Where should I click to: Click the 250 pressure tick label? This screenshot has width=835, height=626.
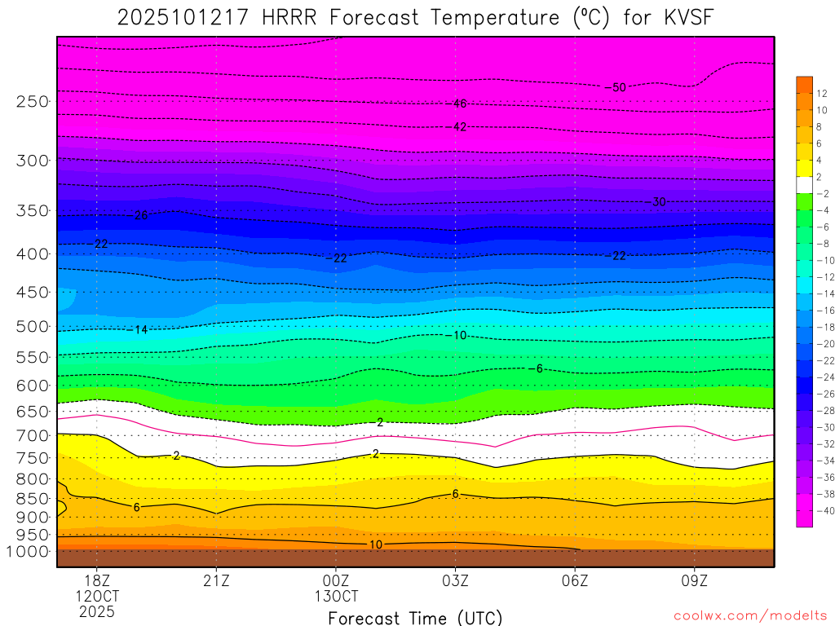(x=32, y=102)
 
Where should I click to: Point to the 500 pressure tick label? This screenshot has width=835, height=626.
(x=32, y=327)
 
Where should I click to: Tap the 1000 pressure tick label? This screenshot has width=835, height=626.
(x=29, y=552)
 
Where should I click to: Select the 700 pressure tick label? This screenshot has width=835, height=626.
(x=32, y=436)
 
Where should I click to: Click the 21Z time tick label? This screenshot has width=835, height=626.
(x=216, y=580)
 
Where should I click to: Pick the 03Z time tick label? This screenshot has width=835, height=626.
(x=455, y=580)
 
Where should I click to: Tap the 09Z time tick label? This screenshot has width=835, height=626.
(x=695, y=580)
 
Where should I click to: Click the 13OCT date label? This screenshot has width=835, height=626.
(x=336, y=595)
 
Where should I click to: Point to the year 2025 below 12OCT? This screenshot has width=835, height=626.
(x=96, y=611)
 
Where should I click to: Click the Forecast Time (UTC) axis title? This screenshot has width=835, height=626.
(x=415, y=618)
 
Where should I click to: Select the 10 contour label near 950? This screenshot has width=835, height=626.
(x=375, y=544)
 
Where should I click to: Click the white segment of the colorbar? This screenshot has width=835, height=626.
(x=804, y=184)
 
